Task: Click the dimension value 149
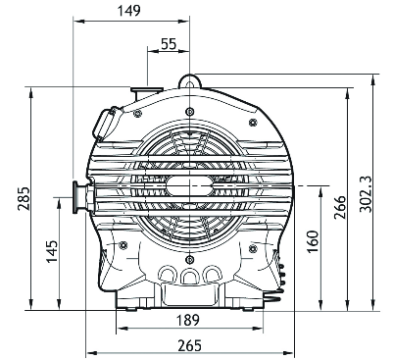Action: [128, 11]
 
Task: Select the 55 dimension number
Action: [169, 43]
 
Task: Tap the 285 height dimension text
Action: [24, 198]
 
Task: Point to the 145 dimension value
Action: [52, 251]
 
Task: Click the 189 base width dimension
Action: [187, 320]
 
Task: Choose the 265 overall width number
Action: [189, 345]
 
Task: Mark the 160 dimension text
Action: [313, 241]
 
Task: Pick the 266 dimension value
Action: [340, 207]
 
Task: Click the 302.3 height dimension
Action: [366, 194]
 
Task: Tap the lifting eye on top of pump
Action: [189, 80]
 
